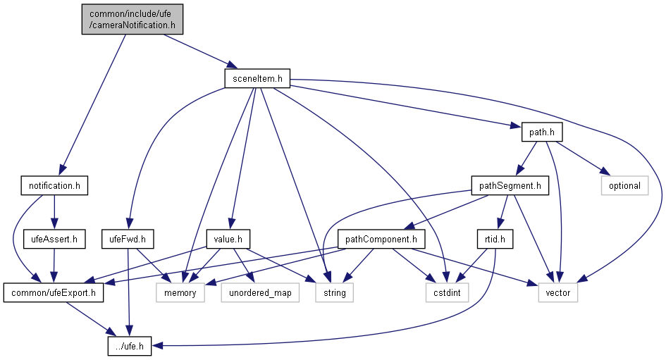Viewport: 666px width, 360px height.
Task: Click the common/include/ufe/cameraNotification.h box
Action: pyautogui.click(x=132, y=20)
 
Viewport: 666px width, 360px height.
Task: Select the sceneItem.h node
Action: pyautogui.click(x=257, y=78)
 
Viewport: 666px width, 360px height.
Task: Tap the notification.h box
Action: pyautogui.click(x=54, y=185)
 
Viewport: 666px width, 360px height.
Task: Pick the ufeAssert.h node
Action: pyautogui.click(x=54, y=239)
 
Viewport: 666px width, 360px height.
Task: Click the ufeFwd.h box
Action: pyautogui.click(x=128, y=239)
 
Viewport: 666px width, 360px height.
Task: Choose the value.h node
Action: pyautogui.click(x=228, y=239)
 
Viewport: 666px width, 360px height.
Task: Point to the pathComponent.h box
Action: pyautogui.click(x=381, y=239)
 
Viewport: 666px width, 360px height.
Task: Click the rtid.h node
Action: pyautogui.click(x=495, y=239)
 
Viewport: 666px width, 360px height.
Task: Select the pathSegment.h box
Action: pyautogui.click(x=510, y=185)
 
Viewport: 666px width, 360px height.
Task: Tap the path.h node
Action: pyautogui.click(x=542, y=132)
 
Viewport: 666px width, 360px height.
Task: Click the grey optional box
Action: pyautogui.click(x=625, y=185)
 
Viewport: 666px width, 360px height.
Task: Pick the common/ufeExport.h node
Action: pyautogui.click(x=54, y=292)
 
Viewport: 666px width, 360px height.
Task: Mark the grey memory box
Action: pyautogui.click(x=180, y=292)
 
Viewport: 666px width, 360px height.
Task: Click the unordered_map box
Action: pyautogui.click(x=260, y=292)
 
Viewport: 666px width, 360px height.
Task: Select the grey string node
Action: pyautogui.click(x=335, y=292)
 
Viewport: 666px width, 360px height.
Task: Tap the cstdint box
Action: pyautogui.click(x=448, y=292)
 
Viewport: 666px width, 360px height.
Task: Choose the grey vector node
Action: pyautogui.click(x=558, y=292)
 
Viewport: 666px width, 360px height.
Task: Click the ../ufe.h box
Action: pyautogui.click(x=130, y=346)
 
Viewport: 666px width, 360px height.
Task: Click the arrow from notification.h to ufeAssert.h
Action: pyautogui.click(x=54, y=212)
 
